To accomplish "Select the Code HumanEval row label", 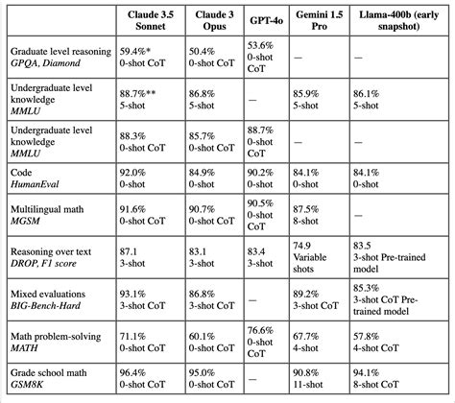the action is (x=38, y=178).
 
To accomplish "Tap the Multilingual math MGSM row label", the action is (x=49, y=214).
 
